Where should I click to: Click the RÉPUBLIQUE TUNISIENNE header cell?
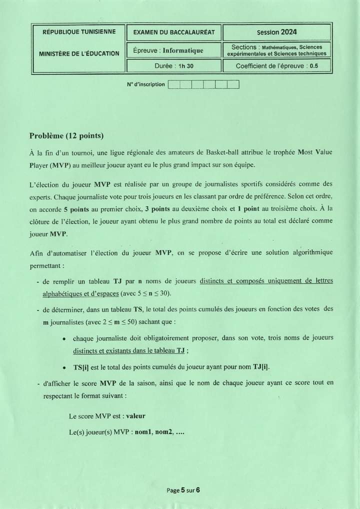(x=79, y=32)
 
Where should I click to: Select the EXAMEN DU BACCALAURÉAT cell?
(x=173, y=32)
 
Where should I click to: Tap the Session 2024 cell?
(x=276, y=32)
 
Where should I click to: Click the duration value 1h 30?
(x=185, y=66)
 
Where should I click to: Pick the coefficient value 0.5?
(x=313, y=66)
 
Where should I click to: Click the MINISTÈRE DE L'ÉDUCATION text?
(x=79, y=53)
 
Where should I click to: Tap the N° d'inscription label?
(x=145, y=84)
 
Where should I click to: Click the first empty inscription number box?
(x=173, y=84)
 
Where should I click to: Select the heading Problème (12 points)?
(x=66, y=135)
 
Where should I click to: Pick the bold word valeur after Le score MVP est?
(x=135, y=415)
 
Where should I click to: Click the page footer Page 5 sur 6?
(x=183, y=490)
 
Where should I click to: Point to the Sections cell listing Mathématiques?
(x=276, y=50)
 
